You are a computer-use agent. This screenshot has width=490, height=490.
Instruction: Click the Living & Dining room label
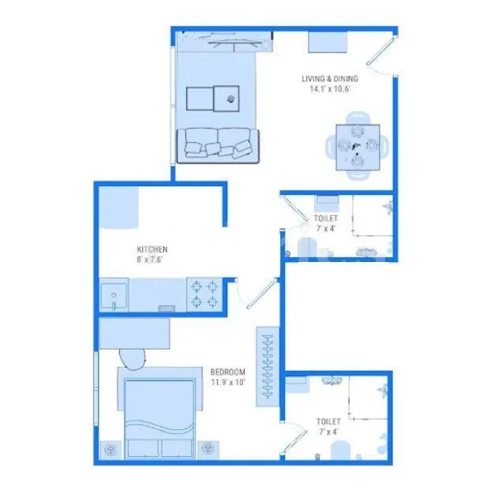(x=330, y=78)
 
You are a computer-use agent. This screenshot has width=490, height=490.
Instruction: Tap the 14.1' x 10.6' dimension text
(x=330, y=89)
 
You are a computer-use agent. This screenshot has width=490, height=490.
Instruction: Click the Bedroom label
(x=228, y=372)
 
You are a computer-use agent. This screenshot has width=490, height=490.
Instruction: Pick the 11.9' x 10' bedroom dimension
(x=228, y=383)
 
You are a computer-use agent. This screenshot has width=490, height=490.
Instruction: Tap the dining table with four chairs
(x=356, y=147)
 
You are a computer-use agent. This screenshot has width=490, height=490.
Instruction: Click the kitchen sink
(x=114, y=297)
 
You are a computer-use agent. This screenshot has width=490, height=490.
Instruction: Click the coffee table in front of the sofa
(x=213, y=99)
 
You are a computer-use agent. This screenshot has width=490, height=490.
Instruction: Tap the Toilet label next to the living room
(x=325, y=219)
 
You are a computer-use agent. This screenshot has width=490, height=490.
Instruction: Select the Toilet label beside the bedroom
(x=328, y=422)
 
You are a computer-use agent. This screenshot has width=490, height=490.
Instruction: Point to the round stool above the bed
(x=133, y=359)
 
